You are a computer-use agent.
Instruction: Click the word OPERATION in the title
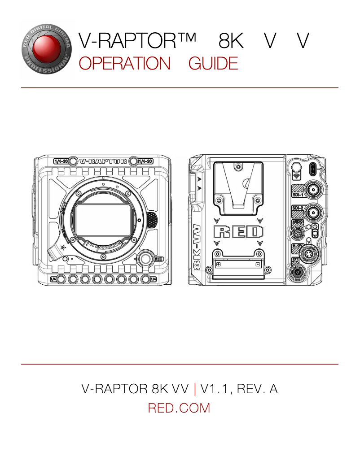[124, 64]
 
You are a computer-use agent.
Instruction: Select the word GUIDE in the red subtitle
[213, 64]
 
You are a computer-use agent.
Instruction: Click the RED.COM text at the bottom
[179, 409]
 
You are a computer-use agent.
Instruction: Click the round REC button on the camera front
[145, 259]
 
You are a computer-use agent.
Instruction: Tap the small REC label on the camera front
[158, 259]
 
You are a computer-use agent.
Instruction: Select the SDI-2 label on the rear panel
[298, 208]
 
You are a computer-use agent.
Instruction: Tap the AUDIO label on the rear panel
[297, 222]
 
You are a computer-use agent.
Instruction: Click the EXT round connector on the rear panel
[297, 272]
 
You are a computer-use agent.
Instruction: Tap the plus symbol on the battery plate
[219, 264]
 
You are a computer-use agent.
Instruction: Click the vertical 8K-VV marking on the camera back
[197, 251]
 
